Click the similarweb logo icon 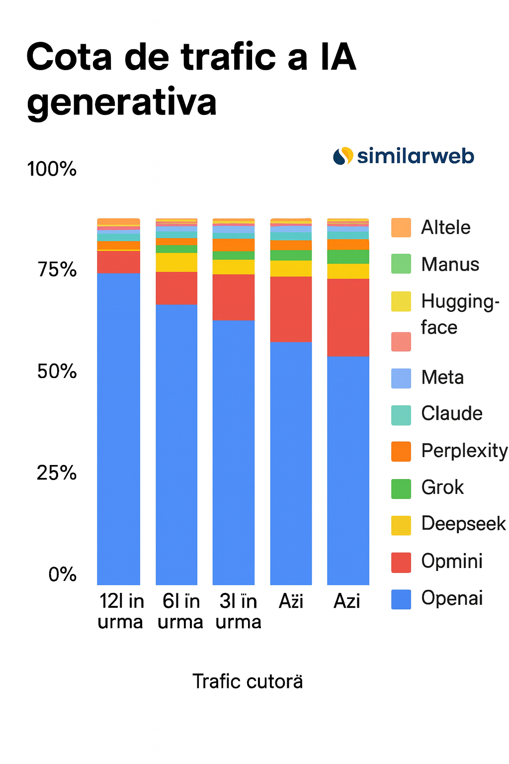[x=343, y=156]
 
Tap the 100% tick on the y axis [x=52, y=169]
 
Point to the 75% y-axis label [x=57, y=270]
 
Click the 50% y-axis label [x=57, y=372]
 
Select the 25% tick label [x=57, y=473]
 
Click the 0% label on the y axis [x=63, y=574]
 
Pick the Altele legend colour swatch [x=401, y=227]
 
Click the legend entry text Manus [x=450, y=264]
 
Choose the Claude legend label [x=451, y=413]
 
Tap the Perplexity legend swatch [x=401, y=451]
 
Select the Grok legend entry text [x=442, y=487]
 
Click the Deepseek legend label [x=463, y=524]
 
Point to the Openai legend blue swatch [x=401, y=599]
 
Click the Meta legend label [x=442, y=378]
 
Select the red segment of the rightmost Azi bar [x=348, y=317]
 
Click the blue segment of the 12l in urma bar [x=118, y=428]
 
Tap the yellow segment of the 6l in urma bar [x=176, y=262]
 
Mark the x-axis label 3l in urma [x=238, y=611]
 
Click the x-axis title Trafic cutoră [x=248, y=681]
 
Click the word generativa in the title [x=122, y=102]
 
